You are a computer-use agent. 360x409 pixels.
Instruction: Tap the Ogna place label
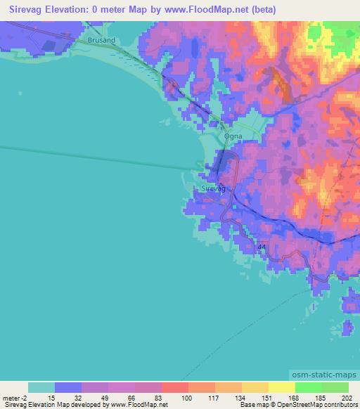tap(231, 138)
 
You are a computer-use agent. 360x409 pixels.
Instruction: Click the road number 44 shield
tap(262, 247)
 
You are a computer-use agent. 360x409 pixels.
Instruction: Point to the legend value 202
tap(348, 398)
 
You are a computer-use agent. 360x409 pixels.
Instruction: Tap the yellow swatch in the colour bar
tap(282, 387)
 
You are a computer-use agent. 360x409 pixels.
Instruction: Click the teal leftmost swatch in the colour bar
tap(41, 387)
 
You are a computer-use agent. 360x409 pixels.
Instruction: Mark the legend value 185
tap(321, 398)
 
